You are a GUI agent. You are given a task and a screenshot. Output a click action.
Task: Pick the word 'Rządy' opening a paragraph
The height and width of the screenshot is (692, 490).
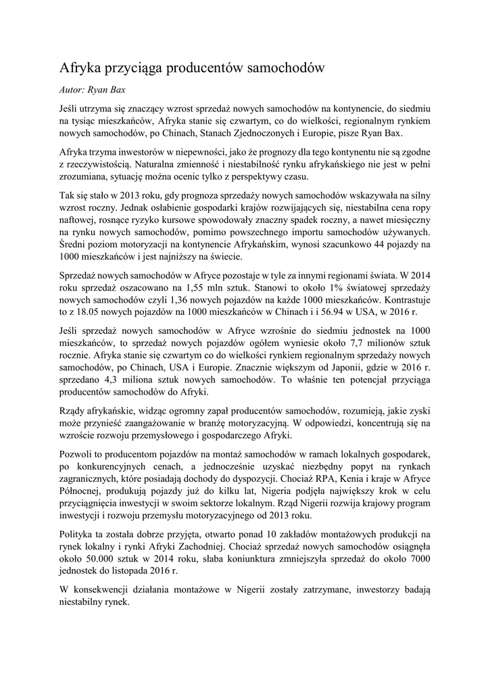click(72, 412)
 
